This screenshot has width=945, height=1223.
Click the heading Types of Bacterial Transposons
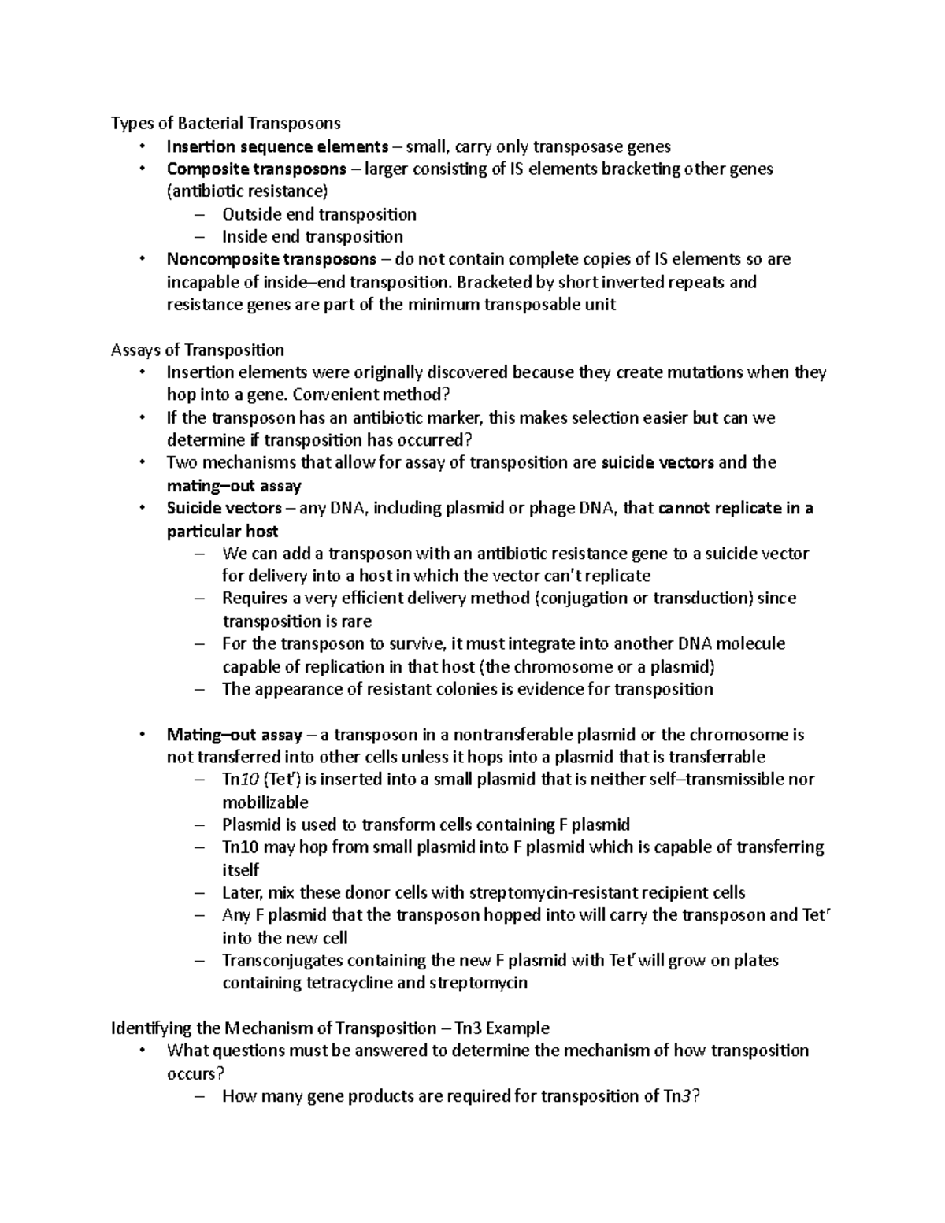coord(225,123)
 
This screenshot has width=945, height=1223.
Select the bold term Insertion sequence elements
coord(277,146)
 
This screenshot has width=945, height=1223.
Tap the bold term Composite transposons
coord(256,169)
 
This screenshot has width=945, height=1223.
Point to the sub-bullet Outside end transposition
coord(319,214)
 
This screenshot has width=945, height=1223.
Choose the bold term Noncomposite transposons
coord(271,259)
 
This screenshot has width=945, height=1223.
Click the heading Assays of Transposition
coord(198,350)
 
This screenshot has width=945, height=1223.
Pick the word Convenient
coord(354,395)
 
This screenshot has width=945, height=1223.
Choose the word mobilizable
coord(265,802)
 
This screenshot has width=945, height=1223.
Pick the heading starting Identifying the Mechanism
coord(330,1028)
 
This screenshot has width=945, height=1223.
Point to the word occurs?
coord(191,1073)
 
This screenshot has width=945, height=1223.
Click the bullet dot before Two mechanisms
coord(142,462)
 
